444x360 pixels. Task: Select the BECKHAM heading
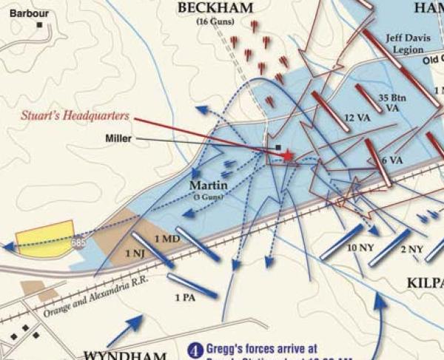215,8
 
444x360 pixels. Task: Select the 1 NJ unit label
136,254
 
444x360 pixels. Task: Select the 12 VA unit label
357,119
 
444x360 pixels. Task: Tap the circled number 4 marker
195,350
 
